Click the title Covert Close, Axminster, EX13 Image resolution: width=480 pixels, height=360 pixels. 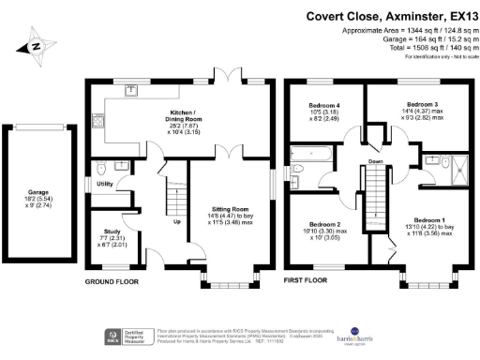coord(392,16)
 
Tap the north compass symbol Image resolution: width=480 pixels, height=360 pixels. coord(35,45)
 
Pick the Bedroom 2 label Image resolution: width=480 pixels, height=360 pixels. coord(323,224)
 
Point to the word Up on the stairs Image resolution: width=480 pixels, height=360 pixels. coord(177,222)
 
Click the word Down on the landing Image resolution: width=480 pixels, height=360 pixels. coord(376,160)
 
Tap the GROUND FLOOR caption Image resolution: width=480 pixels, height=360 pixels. coord(112,280)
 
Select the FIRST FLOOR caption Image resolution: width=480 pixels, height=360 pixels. coord(306,280)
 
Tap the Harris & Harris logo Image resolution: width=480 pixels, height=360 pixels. coord(430,337)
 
